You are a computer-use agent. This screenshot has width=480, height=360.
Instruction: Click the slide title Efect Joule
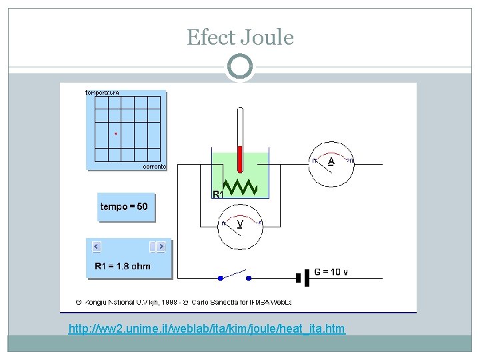(240, 37)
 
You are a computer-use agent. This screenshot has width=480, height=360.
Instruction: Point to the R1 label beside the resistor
(217, 194)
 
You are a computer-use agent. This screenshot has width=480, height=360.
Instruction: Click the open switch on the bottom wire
(233, 277)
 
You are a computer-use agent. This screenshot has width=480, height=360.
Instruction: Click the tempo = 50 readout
(124, 207)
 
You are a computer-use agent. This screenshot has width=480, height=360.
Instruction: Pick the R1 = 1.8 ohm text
(123, 266)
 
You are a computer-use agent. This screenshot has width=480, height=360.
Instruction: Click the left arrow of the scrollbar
(96, 247)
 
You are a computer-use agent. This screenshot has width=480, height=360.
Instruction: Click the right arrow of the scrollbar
(161, 247)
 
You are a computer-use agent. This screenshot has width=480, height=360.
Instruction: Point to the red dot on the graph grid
(115, 134)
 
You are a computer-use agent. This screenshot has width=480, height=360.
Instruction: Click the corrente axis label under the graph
(155, 167)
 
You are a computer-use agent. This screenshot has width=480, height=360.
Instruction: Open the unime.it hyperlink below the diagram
(207, 329)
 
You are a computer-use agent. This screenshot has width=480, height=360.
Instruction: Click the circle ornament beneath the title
(240, 67)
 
